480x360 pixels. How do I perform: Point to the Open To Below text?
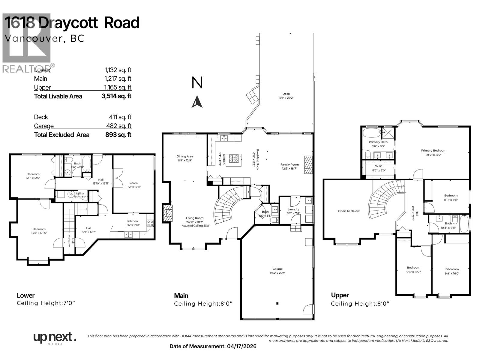click(349, 211)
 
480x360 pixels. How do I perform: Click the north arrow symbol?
click(197, 102)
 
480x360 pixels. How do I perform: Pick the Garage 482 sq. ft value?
click(118, 126)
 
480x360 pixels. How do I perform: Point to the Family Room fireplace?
click(308, 165)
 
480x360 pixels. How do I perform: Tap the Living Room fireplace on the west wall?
click(168, 213)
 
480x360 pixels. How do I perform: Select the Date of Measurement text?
click(213, 346)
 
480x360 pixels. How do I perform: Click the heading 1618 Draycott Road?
click(72, 23)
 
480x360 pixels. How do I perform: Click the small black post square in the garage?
click(277, 304)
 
